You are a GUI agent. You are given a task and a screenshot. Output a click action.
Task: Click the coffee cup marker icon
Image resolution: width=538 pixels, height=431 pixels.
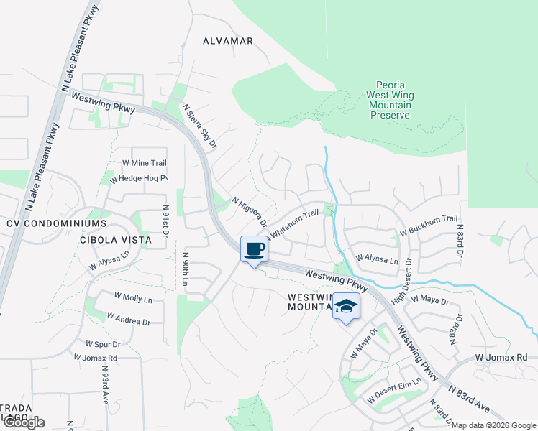pyautogui.click(x=252, y=249)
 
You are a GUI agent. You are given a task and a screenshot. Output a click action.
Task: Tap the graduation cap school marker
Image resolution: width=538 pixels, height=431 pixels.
pyautogui.click(x=346, y=306)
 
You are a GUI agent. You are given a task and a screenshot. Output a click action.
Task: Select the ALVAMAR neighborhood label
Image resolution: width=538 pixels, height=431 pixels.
pyautogui.click(x=228, y=41)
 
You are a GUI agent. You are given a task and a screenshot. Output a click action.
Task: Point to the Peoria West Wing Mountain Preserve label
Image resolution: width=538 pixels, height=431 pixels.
pyautogui.click(x=389, y=100)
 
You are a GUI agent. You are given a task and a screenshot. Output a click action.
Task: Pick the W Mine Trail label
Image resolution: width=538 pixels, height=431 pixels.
pyautogui.click(x=145, y=164)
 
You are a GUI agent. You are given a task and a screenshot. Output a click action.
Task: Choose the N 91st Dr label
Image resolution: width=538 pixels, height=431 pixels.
pyautogui.click(x=165, y=222)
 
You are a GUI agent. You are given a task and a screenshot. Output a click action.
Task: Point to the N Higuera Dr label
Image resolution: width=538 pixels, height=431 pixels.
pyautogui.click(x=249, y=211)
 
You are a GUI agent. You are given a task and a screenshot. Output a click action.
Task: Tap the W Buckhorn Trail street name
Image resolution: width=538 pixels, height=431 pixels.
pyautogui.click(x=428, y=219)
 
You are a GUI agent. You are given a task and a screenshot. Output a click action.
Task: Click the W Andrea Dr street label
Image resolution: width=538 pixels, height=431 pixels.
pyautogui.click(x=129, y=318)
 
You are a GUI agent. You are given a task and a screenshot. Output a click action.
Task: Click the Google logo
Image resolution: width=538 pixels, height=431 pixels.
pyautogui.click(x=23, y=422)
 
